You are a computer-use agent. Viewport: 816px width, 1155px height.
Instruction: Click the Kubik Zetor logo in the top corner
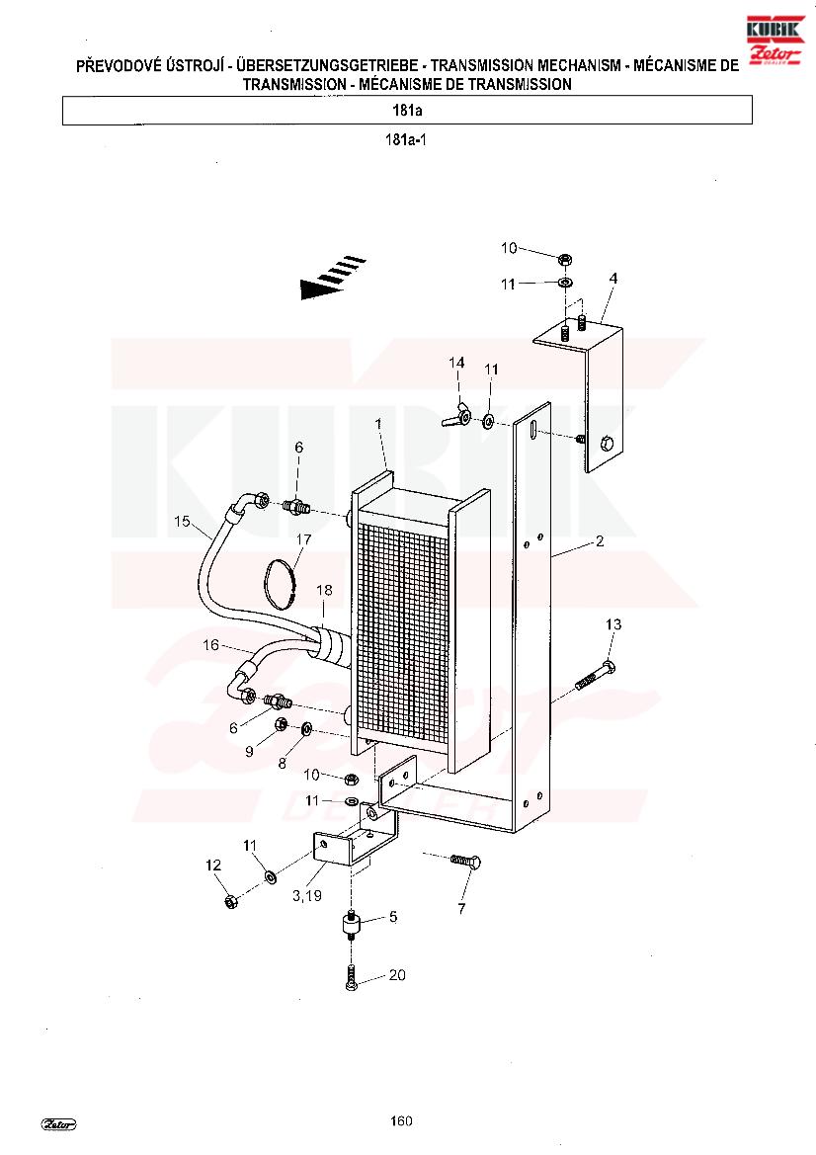click(x=775, y=41)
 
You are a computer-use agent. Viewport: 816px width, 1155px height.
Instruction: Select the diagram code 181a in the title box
click(x=407, y=112)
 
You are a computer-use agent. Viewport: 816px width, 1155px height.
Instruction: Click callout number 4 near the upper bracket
click(x=613, y=279)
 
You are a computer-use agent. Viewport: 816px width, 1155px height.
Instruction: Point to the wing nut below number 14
click(x=457, y=415)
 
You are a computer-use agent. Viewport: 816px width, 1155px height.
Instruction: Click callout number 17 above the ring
click(x=303, y=539)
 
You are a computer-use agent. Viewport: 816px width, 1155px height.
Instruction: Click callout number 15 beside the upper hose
click(x=182, y=522)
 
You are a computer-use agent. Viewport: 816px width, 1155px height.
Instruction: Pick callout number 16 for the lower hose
click(x=210, y=645)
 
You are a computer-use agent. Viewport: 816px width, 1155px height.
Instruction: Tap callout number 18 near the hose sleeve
click(x=324, y=590)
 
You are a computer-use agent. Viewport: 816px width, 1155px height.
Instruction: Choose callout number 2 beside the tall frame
click(x=600, y=541)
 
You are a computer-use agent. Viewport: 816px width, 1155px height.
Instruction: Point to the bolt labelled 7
click(x=466, y=861)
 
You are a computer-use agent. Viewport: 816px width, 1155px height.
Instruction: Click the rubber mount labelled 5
click(x=352, y=923)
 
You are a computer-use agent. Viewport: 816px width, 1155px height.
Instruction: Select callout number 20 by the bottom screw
click(x=397, y=975)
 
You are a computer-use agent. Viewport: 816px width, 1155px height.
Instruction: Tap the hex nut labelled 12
click(x=230, y=901)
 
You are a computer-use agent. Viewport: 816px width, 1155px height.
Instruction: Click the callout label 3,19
click(x=307, y=896)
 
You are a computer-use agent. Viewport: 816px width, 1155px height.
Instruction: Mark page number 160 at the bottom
click(x=401, y=1121)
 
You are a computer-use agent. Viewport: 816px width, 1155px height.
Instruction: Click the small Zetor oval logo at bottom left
click(x=59, y=1124)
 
